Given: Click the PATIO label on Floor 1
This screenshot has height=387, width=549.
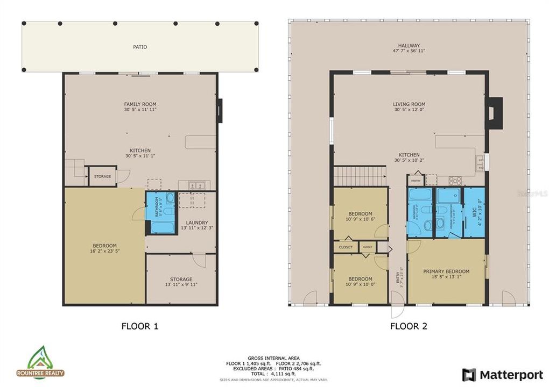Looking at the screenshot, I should tap(140, 47).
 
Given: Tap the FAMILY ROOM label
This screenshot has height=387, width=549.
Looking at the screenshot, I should tap(140, 104).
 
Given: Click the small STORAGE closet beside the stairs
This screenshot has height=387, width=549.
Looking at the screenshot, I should tap(102, 176).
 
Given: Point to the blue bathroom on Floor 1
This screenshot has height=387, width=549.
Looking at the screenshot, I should tap(160, 213).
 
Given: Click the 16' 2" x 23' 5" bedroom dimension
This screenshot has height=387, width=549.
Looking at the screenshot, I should tap(104, 251).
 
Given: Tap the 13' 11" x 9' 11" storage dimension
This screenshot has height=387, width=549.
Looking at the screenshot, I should tap(181, 285).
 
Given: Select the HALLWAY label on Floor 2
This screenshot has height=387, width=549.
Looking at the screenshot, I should tap(409, 46).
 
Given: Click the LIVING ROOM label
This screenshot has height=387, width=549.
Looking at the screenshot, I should tap(409, 104).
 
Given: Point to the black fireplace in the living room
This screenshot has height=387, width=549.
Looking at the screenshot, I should tap(494, 113).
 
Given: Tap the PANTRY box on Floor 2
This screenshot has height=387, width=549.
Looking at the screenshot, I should tap(416, 181).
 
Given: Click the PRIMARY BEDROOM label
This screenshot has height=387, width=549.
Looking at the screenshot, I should tap(446, 271).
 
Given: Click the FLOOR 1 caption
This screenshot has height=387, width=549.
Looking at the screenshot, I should tap(140, 326).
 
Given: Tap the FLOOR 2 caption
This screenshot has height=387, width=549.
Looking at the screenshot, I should tap(409, 326).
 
